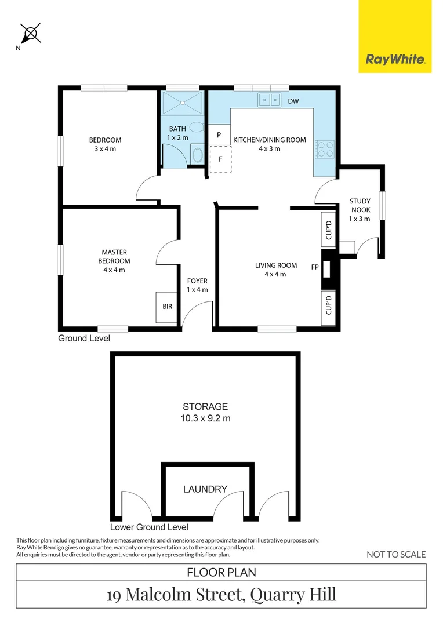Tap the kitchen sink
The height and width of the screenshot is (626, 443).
(269, 100)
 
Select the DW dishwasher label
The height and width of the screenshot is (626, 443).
(293, 101)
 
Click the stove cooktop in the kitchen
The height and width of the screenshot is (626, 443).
(325, 149)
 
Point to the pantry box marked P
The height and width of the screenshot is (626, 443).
(219, 134)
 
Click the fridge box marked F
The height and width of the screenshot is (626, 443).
(220, 159)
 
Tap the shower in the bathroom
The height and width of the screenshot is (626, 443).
(183, 103)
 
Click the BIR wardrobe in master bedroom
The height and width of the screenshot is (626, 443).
(168, 307)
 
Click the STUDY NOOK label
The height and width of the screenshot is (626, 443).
(360, 209)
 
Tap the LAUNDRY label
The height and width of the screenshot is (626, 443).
(205, 489)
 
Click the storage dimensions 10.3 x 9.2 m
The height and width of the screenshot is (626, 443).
(205, 418)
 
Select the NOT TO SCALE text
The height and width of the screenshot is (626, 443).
(396, 554)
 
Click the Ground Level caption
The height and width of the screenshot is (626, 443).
(84, 338)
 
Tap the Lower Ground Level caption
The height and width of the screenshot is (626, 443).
(149, 527)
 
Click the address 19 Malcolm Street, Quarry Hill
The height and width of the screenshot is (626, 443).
(221, 595)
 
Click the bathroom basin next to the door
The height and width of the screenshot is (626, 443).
(197, 155)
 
